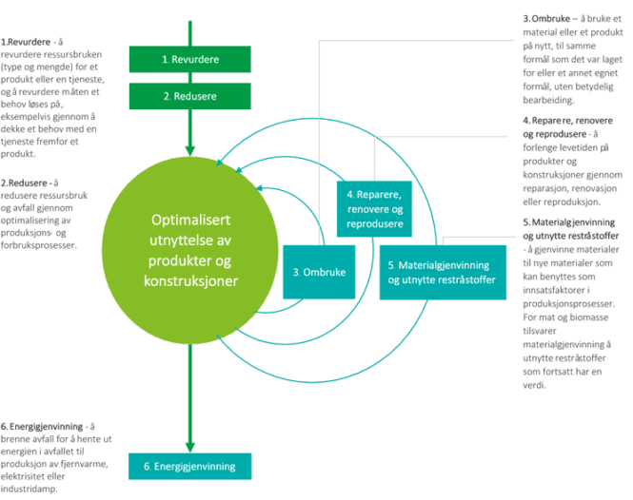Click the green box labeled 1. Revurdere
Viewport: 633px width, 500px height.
[189, 59]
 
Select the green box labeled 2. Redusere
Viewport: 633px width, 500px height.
[189, 96]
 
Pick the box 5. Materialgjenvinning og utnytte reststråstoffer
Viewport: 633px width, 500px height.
[442, 272]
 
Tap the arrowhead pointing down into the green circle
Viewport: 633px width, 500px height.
[190, 152]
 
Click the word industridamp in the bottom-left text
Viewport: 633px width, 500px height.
[30, 490]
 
